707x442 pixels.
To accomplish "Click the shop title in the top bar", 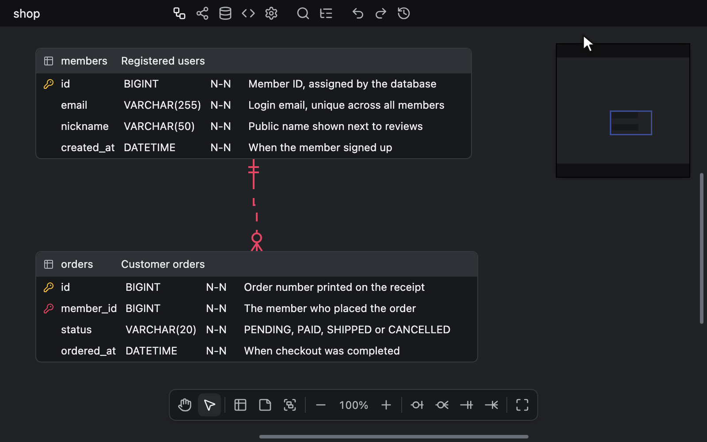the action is [27, 14].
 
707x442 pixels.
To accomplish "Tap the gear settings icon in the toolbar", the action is [271, 13].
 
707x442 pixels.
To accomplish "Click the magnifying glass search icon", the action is [303, 13].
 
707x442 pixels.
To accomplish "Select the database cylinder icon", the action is [225, 13].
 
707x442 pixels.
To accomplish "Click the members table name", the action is [84, 61].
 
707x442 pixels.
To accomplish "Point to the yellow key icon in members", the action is [48, 84].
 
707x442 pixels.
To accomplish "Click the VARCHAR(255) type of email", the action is [162, 105].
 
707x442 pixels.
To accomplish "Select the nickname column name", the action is [84, 126].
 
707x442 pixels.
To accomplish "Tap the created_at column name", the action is [87, 148].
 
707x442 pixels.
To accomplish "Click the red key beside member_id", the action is [48, 309].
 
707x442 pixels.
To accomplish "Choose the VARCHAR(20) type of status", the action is [161, 330].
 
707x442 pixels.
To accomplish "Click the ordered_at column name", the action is [88, 351].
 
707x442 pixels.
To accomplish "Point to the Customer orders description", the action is [163, 264].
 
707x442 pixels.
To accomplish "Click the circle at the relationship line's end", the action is [257, 238].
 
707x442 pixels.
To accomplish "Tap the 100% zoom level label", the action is [353, 405].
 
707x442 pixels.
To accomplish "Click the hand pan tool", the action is [185, 405].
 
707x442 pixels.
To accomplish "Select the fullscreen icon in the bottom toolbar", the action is [522, 405].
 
